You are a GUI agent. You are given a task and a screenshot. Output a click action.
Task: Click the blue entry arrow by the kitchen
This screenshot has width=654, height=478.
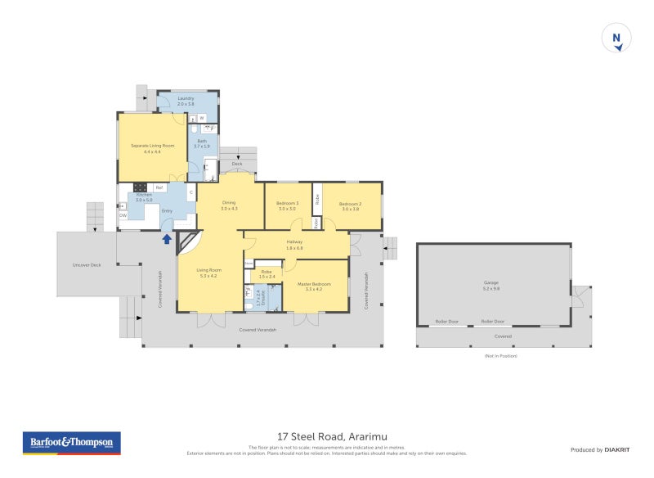167,239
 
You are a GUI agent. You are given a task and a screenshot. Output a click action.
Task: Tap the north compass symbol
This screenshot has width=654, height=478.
617,38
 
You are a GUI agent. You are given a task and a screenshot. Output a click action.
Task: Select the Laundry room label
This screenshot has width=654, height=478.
186,98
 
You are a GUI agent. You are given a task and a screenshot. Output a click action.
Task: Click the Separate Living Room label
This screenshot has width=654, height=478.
152,145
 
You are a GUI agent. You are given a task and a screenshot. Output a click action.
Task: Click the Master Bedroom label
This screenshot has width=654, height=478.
314,284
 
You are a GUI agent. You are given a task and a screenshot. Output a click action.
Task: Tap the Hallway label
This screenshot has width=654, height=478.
295,241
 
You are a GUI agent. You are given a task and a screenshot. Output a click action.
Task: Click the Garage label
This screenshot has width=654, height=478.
490,282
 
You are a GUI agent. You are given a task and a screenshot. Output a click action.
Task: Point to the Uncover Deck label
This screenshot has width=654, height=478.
86,264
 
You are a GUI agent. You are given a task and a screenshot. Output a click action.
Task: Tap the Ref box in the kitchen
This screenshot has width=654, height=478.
159,188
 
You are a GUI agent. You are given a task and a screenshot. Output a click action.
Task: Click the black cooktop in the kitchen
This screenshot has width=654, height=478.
139,187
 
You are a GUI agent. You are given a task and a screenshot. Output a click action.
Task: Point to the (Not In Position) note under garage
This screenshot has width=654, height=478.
501,356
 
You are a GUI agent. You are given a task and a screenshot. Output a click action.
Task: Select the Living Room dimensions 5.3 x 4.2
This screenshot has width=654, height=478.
208,276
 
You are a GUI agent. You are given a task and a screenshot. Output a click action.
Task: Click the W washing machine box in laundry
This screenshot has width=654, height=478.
201,118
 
